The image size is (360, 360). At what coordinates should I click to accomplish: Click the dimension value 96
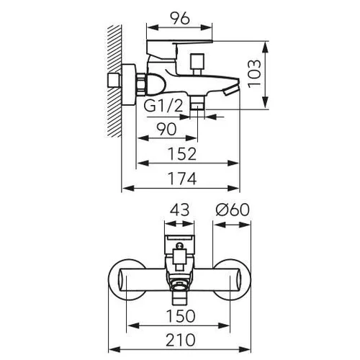pyautogui.click(x=180, y=18)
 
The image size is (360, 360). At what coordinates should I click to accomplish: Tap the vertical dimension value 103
pyautogui.click(x=254, y=73)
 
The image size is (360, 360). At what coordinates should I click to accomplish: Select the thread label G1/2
pyautogui.click(x=163, y=106)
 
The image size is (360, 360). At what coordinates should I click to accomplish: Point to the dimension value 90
pyautogui.click(x=166, y=129)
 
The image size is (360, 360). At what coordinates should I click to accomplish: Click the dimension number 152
pyautogui.click(x=182, y=154)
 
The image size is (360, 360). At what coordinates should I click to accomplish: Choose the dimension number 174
pyautogui.click(x=182, y=179)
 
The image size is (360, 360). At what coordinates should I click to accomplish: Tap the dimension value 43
pyautogui.click(x=179, y=210)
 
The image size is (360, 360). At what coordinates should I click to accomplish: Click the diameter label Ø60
pyautogui.click(x=233, y=210)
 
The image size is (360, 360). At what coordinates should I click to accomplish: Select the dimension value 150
pyautogui.click(x=181, y=316)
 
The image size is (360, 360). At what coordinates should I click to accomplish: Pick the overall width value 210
pyautogui.click(x=181, y=340)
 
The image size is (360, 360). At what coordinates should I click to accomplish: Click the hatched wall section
pyautogui.click(x=114, y=81)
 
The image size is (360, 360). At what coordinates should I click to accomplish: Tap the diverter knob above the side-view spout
pyautogui.click(x=197, y=63)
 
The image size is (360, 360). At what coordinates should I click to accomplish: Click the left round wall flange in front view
pyautogui.click(x=127, y=279)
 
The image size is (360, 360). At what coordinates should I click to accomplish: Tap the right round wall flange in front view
pyautogui.click(x=232, y=279)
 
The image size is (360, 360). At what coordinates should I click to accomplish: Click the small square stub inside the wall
pyautogui.click(x=114, y=81)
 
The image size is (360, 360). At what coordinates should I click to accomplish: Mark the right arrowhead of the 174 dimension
pyautogui.click(x=233, y=188)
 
